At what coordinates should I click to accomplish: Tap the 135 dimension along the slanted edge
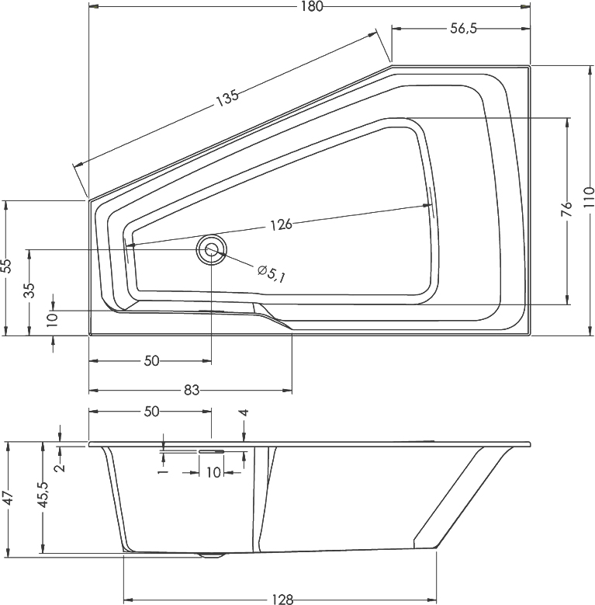(227, 98)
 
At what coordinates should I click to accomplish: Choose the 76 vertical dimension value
(567, 208)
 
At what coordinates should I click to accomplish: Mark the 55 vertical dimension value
(6, 266)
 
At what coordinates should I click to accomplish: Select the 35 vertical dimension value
(29, 291)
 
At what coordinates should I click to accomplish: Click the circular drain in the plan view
(211, 250)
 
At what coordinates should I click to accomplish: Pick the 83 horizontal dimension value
(191, 389)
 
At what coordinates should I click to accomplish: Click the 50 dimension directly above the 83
(151, 360)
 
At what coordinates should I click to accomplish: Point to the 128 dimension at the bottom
(282, 599)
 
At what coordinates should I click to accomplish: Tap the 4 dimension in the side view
(244, 414)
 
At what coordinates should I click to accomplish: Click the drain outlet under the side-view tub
(209, 555)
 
